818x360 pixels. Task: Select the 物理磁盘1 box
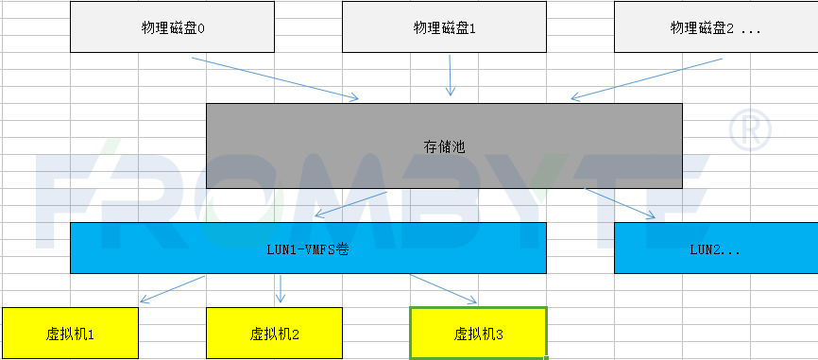pos(444,27)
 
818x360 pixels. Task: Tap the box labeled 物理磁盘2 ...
pos(715,27)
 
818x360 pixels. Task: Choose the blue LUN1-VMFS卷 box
pos(308,249)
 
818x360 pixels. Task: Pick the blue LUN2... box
pos(715,249)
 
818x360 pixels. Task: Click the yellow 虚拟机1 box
pos(70,333)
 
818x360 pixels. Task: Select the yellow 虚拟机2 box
pos(274,333)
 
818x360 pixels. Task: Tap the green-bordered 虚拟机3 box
pos(478,333)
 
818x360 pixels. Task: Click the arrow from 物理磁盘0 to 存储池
pos(275,77)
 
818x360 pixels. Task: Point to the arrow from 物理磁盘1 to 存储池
pos(451,76)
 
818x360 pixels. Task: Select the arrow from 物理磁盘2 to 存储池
pos(647,77)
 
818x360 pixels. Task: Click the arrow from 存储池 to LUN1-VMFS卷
pos(350,205)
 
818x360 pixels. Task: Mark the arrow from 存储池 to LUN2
pos(620,203)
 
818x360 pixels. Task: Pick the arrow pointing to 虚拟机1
pos(173,289)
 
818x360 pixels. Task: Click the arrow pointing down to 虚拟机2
pos(280,289)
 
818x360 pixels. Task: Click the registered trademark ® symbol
pos(750,129)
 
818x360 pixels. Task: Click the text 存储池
pos(444,146)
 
